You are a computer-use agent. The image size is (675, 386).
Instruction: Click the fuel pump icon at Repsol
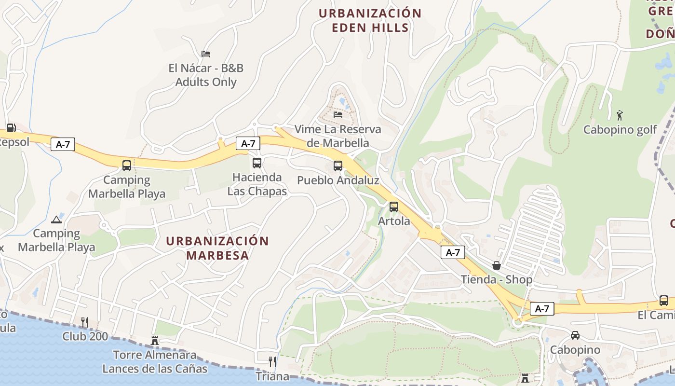pos(11,128)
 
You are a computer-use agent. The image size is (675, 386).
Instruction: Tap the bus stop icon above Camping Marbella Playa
pos(127,165)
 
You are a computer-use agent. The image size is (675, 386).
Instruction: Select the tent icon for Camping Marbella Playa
pos(56,220)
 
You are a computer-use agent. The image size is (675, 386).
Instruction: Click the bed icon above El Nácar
pos(206,54)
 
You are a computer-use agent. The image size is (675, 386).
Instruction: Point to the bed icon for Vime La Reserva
pos(338,114)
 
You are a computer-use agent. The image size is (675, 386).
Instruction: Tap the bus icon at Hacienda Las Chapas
pos(257,163)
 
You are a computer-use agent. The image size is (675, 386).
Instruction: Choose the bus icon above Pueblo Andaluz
pos(338,166)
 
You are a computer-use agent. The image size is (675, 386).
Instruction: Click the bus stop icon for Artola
pos(394,207)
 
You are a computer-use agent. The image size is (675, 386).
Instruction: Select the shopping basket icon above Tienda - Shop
pos(497,265)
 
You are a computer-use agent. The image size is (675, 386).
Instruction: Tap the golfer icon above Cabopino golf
pos(620,115)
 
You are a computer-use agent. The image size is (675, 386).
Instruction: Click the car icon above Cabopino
pos(575,335)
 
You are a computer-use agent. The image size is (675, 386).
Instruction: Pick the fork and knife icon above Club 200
pos(85,322)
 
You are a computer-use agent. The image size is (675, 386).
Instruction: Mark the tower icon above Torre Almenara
pos(155,340)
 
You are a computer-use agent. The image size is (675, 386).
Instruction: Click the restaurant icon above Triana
pos(272,362)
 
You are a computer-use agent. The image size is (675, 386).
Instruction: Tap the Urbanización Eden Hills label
pos(370,20)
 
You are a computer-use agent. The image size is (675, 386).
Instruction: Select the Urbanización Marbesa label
pos(217,248)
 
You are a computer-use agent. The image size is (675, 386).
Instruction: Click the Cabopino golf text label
pos(620,130)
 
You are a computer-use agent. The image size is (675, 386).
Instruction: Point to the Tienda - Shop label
pos(497,280)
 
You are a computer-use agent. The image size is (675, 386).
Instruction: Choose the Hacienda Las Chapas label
pos(257,184)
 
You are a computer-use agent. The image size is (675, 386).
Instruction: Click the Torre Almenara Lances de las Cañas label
pos(155,362)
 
